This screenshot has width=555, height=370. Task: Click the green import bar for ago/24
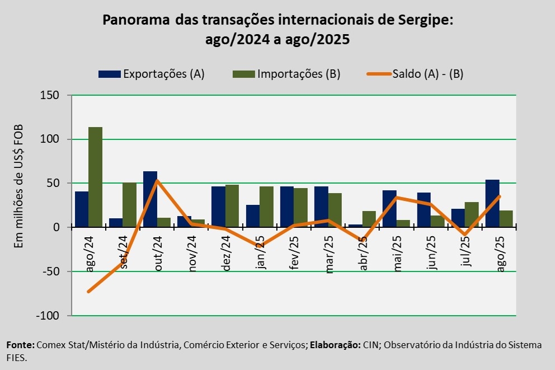click(95, 177)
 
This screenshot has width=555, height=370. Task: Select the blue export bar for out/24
click(150, 199)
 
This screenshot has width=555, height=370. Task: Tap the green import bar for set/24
click(129, 204)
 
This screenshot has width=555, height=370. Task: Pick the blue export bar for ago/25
click(492, 203)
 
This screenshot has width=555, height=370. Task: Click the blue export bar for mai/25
click(390, 208)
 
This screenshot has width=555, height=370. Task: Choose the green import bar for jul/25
click(471, 214)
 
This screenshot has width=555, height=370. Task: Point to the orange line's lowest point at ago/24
click(88, 292)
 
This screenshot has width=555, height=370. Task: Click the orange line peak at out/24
click(157, 180)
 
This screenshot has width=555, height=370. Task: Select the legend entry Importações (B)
click(299, 74)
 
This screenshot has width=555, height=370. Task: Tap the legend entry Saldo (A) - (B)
click(427, 74)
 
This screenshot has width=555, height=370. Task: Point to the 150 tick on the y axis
click(50, 96)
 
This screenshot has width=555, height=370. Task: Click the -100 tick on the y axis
click(48, 316)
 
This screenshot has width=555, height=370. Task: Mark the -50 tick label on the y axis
click(50, 271)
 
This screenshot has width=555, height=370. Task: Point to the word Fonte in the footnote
click(20, 345)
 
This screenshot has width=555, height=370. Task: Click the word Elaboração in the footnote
click(335, 345)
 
